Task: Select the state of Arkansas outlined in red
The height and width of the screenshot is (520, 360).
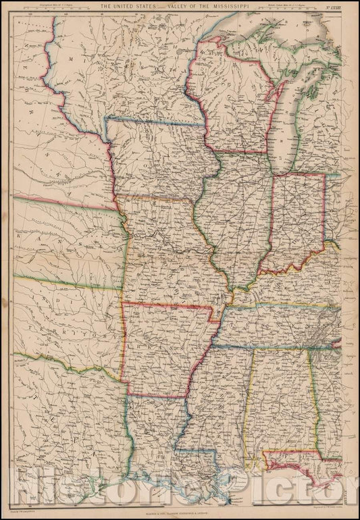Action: coord(165,348)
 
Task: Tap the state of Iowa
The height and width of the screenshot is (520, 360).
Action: coord(162,162)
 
